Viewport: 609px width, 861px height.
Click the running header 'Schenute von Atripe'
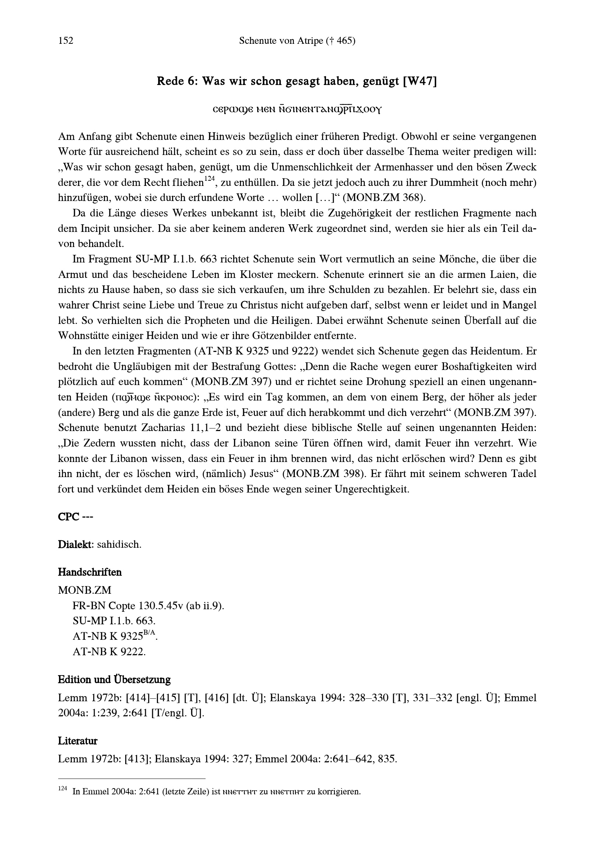pos(285,41)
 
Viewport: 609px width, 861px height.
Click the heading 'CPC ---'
pos(76,517)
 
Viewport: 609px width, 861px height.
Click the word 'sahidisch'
pos(119,544)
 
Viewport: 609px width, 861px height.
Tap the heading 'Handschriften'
pos(90,572)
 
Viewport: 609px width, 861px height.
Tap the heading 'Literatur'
pos(78,741)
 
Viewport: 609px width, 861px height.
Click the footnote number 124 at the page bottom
pos(62,789)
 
